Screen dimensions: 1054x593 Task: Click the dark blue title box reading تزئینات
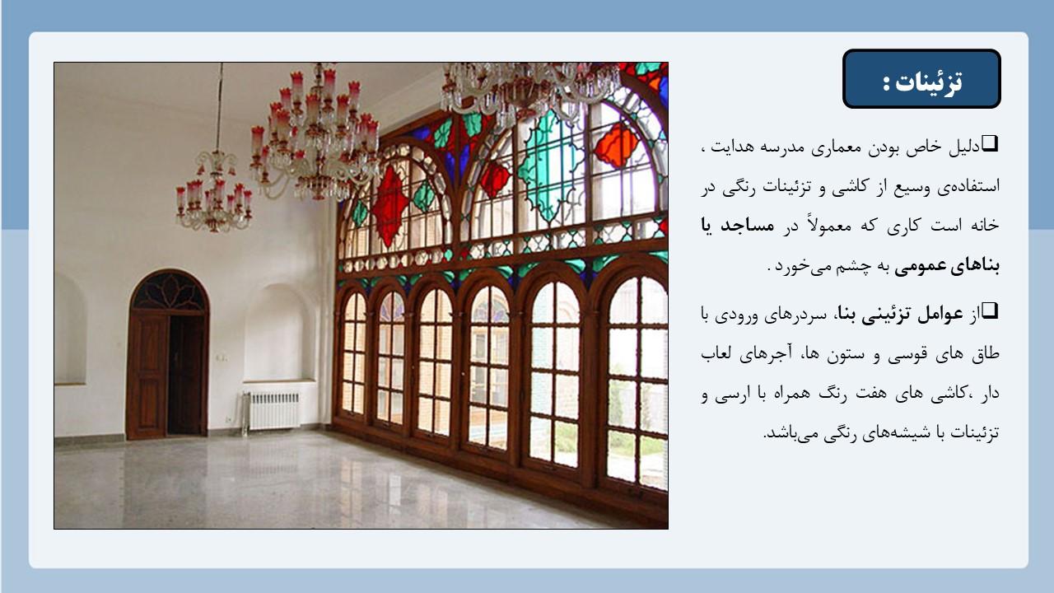point(921,78)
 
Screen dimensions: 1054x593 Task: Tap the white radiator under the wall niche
point(271,411)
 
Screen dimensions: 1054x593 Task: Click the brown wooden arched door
point(167,355)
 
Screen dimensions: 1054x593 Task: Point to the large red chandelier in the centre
point(315,134)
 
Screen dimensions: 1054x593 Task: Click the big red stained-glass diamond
point(390,206)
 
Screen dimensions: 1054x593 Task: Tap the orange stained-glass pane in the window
point(617,145)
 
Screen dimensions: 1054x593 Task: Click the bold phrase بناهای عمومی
point(947,266)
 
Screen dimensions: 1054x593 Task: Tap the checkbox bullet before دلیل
point(991,143)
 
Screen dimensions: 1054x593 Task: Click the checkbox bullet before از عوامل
point(991,311)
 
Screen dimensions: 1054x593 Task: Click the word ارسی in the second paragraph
point(735,394)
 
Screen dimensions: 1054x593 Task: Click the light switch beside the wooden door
point(222,357)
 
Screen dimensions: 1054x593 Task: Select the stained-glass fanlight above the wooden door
point(169,291)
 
